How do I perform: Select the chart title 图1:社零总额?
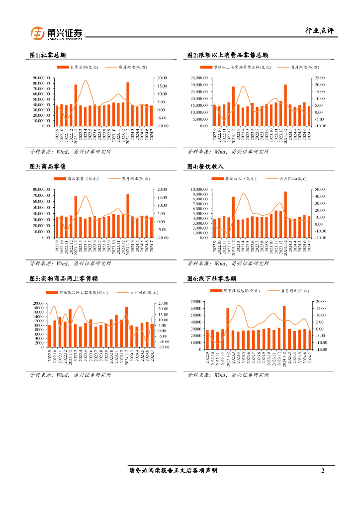tap(48, 55)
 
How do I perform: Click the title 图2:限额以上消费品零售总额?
tap(227, 55)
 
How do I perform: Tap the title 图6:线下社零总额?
tap(211, 278)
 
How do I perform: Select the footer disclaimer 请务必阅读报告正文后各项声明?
tap(173, 470)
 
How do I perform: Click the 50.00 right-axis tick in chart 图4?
tap(319, 189)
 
